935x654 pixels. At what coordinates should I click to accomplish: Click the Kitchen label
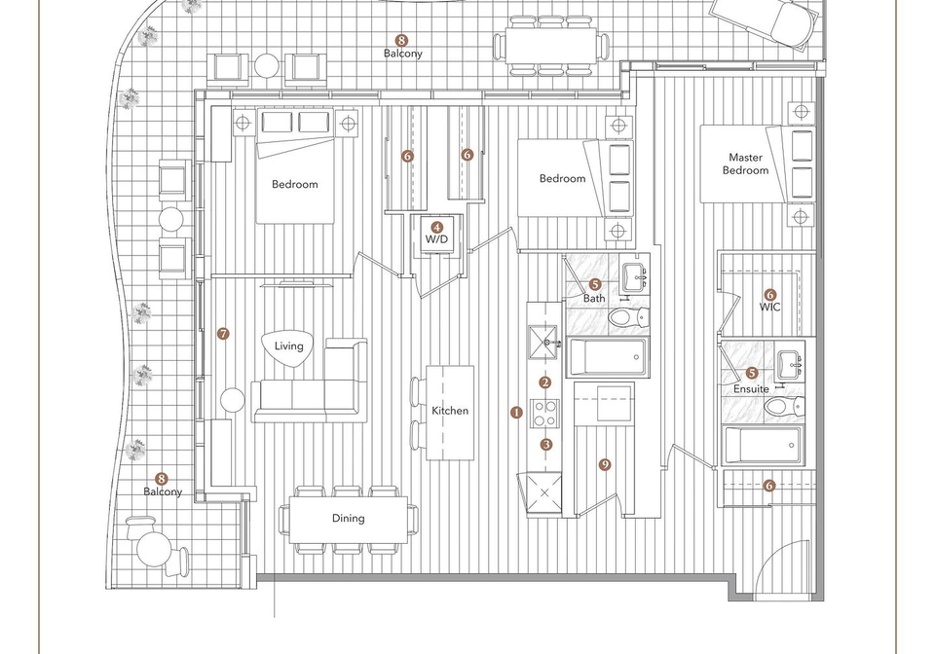point(450,411)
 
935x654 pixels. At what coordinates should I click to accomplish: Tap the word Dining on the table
point(349,518)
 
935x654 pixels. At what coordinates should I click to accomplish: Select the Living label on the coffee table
point(288,346)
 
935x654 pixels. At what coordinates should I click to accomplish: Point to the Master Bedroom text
point(745,163)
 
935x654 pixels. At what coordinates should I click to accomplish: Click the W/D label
point(436,239)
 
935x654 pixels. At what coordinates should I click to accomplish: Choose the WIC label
point(769,308)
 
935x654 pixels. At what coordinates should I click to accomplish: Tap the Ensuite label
point(751,389)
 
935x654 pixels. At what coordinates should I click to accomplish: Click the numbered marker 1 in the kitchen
point(516,413)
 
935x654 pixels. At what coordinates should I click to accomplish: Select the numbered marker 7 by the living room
point(223,334)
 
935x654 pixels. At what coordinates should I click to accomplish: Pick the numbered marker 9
point(605,464)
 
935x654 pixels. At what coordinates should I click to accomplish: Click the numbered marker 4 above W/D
point(437,227)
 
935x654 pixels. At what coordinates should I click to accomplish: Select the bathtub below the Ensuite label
point(762,445)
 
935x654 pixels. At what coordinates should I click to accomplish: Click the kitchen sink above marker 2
point(543,343)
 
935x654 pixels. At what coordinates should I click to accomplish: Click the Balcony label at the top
point(403,54)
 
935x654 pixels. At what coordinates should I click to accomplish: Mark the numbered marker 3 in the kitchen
point(546,445)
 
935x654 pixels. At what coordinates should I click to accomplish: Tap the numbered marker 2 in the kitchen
point(545,382)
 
